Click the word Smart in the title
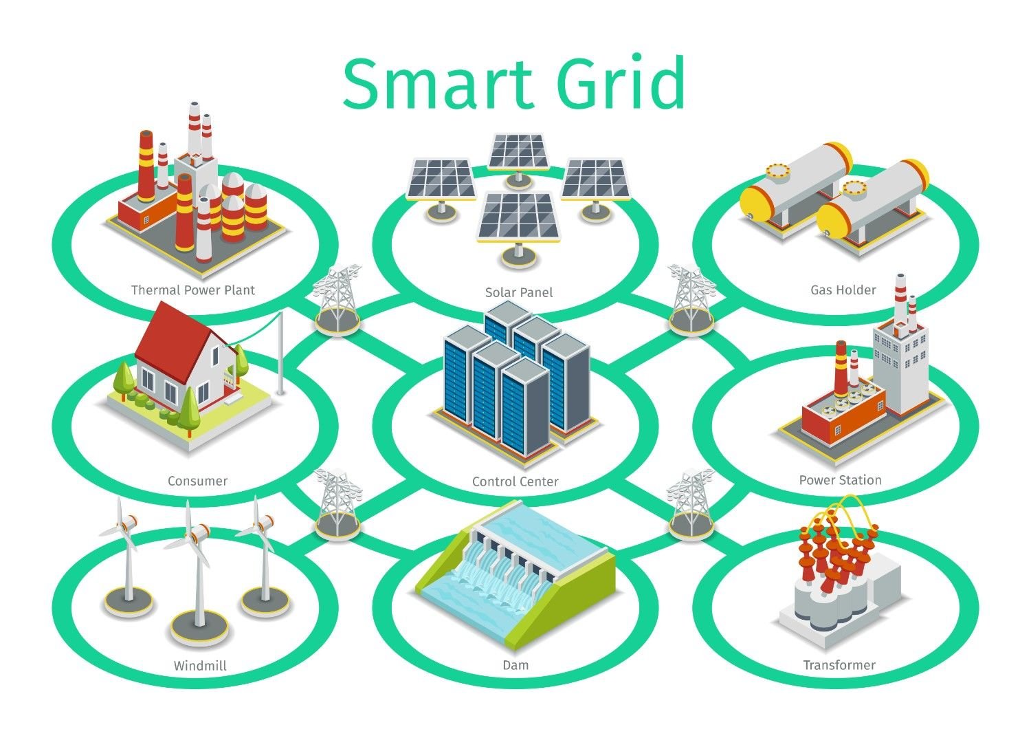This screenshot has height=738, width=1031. point(438,85)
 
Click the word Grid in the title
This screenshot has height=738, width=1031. point(621,82)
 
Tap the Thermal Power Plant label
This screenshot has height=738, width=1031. point(193,290)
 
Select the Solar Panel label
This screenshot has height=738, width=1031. point(519,292)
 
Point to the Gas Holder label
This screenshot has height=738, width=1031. point(843,290)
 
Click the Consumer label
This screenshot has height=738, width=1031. point(197,481)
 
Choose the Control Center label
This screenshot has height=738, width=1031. point(515,482)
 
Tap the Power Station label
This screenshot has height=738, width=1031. point(841,481)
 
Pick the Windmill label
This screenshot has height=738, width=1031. point(200,666)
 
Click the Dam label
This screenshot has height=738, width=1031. point(515,666)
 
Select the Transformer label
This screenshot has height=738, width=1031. point(839,666)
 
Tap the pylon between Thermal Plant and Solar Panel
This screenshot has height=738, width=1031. point(337,299)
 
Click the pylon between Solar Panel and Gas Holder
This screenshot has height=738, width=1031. point(691,299)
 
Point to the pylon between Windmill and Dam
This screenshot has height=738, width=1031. point(338,504)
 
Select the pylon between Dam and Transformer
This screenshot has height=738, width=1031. point(690,504)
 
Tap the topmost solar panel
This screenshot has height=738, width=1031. point(518,152)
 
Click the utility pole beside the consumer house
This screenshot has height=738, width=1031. point(280,353)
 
